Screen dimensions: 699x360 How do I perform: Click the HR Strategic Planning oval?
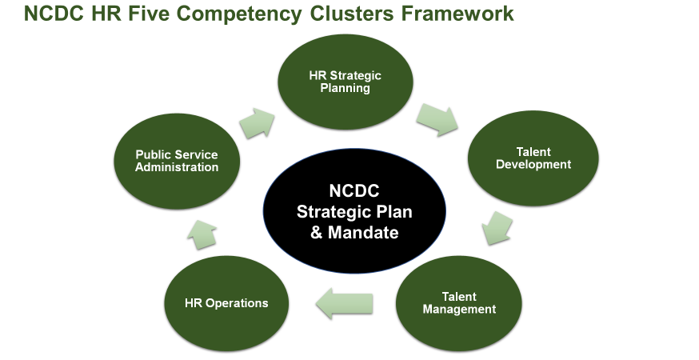346,82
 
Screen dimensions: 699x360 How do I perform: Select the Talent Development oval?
533,158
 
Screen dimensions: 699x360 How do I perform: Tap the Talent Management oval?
459,303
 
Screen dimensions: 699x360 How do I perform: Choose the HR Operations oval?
226,303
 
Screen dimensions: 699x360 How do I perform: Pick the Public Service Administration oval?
177,161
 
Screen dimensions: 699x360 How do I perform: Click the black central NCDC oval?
354,211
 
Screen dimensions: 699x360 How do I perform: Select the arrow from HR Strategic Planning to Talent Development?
437,119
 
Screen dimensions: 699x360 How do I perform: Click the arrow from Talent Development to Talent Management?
497,228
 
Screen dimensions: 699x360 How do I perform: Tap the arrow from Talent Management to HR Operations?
345,303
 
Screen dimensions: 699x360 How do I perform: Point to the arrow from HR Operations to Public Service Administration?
202,234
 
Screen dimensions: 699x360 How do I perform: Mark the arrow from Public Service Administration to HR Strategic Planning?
257,122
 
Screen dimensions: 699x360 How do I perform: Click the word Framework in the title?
457,14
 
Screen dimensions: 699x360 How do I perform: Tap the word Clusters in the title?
352,14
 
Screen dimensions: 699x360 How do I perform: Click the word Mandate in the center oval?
363,233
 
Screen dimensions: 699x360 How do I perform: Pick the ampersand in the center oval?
316,233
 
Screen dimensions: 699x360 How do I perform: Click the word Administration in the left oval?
177,167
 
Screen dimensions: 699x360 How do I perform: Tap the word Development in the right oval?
533,165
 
